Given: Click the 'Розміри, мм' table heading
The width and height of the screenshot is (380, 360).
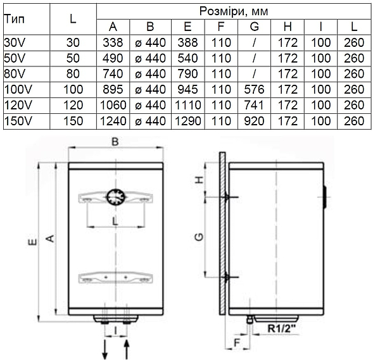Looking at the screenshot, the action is (x=234, y=11).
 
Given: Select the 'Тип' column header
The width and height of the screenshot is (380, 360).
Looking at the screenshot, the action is (x=15, y=18).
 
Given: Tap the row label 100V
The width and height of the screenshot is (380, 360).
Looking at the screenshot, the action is (x=18, y=90).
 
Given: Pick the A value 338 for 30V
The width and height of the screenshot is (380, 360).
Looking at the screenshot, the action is (x=113, y=42).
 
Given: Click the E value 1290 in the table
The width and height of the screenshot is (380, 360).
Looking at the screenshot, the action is (x=188, y=121).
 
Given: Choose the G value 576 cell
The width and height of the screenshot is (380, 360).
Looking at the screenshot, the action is (x=254, y=90).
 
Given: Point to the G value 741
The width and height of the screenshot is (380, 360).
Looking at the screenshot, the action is (x=254, y=105).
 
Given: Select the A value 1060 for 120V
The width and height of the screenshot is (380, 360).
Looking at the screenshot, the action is (x=113, y=105).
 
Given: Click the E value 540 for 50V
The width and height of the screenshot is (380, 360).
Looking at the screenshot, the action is (x=188, y=58).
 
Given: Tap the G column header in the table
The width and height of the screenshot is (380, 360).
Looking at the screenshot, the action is (x=254, y=27).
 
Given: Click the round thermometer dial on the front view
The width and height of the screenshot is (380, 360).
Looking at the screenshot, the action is (x=116, y=197).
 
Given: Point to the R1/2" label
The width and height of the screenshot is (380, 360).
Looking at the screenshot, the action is (x=282, y=328).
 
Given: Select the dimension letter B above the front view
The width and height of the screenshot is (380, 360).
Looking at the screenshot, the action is (x=115, y=142).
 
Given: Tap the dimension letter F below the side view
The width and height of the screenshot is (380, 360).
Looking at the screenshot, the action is (x=236, y=343).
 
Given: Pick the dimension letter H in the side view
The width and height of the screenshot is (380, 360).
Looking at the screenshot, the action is (x=199, y=180).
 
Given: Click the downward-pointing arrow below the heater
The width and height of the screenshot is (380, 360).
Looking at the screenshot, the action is (x=104, y=349).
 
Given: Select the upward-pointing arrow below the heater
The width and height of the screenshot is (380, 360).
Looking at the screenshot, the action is (x=126, y=349).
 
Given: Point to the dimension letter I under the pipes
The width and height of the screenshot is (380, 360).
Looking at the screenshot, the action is (x=115, y=330).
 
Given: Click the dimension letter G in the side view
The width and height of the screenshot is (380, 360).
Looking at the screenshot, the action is (x=199, y=237).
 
